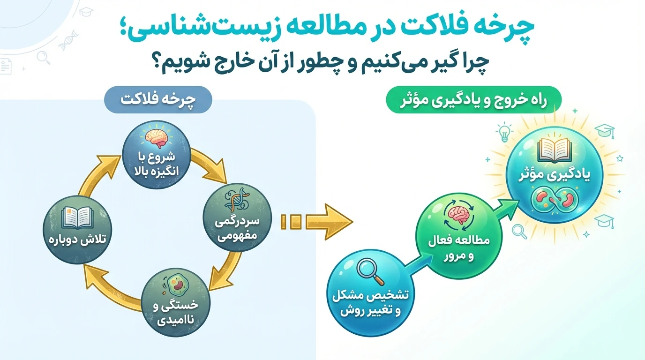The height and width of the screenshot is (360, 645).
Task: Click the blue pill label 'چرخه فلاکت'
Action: (158, 100)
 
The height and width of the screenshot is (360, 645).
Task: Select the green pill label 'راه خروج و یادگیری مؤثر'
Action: (473, 100)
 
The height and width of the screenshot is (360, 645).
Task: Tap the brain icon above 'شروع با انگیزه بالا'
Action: (157, 138)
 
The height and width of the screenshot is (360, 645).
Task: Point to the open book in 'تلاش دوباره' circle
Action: (77, 217)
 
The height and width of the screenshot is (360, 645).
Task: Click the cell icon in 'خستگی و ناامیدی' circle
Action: (176, 285)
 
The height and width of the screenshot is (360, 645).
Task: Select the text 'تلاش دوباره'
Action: (77, 240)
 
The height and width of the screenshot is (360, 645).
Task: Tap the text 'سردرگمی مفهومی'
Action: (237, 229)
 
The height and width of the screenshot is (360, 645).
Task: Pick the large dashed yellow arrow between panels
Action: (317, 222)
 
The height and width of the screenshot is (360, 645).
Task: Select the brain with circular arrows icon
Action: (459, 217)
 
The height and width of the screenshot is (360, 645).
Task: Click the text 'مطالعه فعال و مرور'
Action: (459, 247)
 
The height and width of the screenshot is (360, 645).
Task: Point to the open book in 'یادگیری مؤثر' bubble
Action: (554, 150)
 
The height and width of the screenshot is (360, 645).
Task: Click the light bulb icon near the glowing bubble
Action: (504, 132)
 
